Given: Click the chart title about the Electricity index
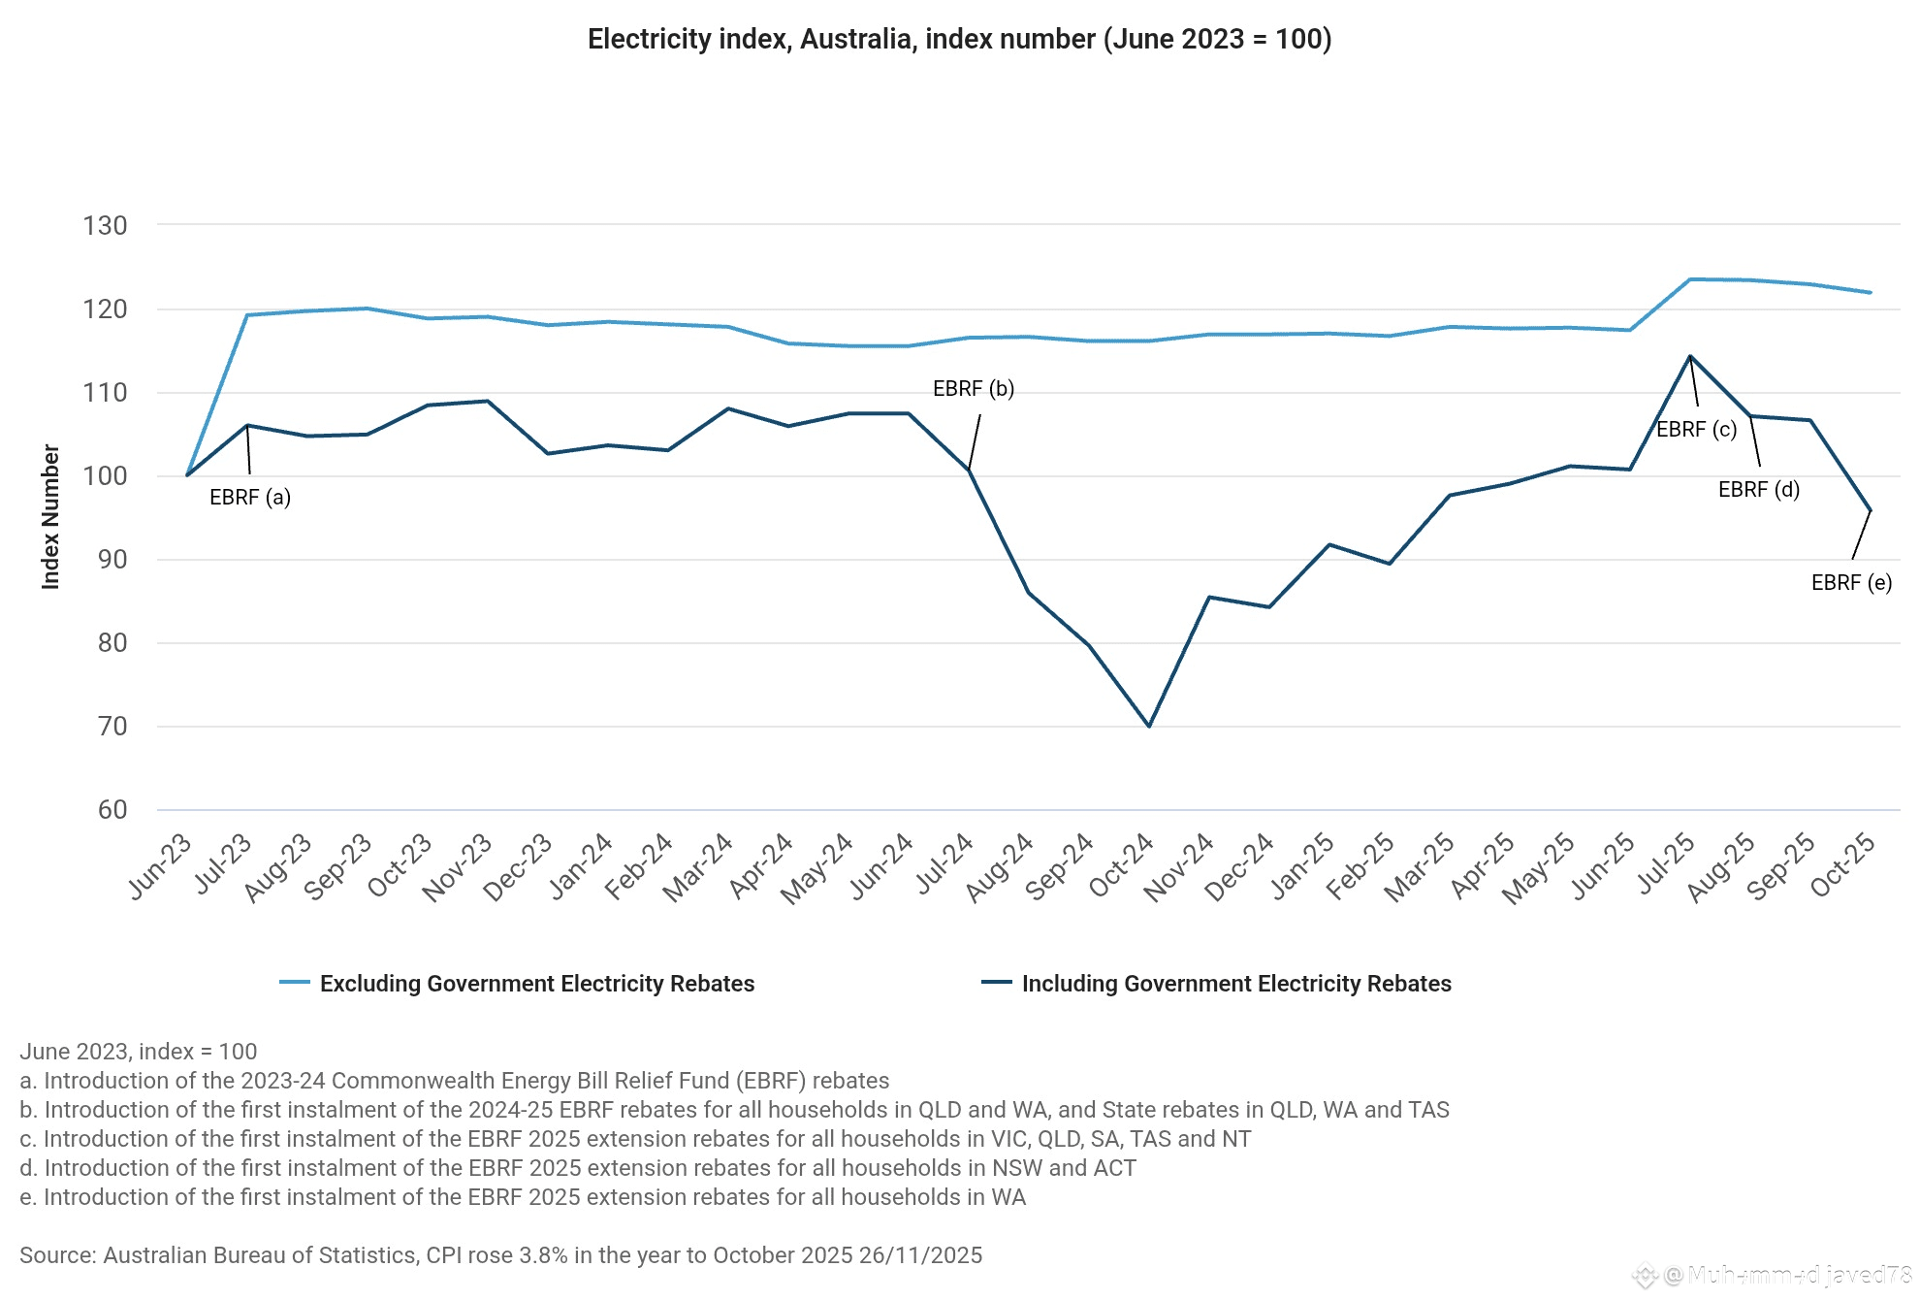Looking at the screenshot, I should [959, 39].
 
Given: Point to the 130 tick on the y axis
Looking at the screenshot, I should [105, 226].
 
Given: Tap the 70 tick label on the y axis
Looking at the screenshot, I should [112, 727].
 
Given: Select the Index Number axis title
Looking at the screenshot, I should [50, 517].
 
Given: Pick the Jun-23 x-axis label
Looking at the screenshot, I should [161, 865].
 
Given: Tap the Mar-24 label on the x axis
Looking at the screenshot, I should [698, 867].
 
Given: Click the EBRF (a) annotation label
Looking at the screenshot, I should [250, 498].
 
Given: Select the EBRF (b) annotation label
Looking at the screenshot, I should [974, 389].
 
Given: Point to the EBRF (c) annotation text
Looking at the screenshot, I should [1697, 430].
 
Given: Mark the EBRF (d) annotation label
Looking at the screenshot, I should [1759, 490].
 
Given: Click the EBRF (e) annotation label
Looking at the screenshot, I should [1852, 583].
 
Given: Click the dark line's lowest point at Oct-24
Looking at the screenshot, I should [1149, 726].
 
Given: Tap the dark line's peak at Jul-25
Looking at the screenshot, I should [1690, 356].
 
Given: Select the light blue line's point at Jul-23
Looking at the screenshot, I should [247, 315].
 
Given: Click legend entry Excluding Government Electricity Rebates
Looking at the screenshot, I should [536, 984].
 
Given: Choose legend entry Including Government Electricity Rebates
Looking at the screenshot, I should [1236, 984].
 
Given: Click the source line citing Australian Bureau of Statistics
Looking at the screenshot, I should [500, 1255].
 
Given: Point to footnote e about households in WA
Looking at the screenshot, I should [523, 1197].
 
